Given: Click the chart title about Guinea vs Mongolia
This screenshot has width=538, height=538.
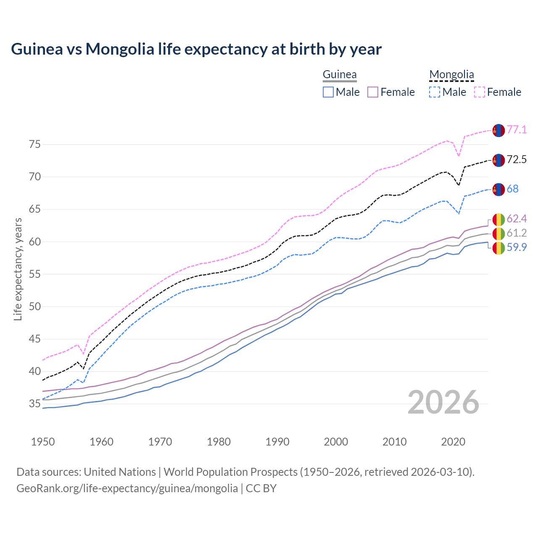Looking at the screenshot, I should (196, 49).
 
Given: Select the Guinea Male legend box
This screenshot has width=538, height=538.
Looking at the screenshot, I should (328, 92).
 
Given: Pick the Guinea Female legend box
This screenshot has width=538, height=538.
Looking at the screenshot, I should (373, 92).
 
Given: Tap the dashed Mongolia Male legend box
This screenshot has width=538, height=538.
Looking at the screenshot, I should (435, 92).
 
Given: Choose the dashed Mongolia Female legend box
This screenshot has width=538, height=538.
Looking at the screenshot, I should (480, 92).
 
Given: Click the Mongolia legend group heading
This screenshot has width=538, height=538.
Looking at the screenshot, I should (451, 75).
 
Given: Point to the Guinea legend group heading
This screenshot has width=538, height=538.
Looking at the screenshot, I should (340, 75).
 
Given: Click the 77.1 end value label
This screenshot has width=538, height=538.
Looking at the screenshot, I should (517, 129).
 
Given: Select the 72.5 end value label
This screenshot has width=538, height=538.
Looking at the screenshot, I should (517, 159).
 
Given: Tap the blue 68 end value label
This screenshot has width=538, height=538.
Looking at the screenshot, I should (512, 189).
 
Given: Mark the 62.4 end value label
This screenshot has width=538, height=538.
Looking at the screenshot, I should (517, 219).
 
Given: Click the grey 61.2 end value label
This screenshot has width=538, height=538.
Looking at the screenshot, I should (517, 233).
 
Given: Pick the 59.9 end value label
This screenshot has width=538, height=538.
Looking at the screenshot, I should (517, 247).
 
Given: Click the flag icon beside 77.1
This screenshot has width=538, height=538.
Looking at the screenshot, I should (498, 130).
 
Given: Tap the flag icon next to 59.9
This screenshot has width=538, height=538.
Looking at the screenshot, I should (498, 248).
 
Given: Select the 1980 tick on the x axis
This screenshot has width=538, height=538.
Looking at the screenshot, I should (219, 442).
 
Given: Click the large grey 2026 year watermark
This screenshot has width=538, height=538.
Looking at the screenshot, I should (443, 402).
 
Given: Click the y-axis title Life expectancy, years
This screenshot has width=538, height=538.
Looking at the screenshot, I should (18, 269).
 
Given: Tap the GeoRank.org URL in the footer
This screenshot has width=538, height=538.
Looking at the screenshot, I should (127, 488).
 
